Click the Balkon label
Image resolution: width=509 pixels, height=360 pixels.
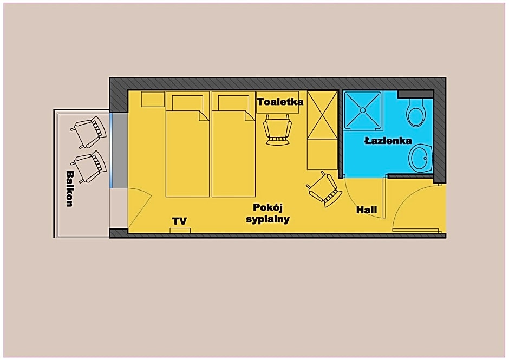[69, 188]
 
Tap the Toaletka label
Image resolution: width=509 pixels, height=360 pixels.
[280, 102]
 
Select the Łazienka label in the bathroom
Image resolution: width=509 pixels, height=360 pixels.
[388, 141]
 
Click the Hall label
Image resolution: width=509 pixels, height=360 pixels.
[367, 210]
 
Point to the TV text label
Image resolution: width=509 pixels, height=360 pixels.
[180, 221]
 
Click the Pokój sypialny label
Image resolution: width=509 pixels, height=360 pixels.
[267, 213]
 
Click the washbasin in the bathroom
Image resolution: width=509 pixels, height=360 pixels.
[421, 158]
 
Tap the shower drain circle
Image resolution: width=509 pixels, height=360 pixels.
[363, 110]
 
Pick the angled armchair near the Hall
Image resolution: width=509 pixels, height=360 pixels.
[324, 189]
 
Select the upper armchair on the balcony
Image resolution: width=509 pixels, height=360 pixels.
[89, 132]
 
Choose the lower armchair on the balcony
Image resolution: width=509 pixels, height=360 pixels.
[89, 167]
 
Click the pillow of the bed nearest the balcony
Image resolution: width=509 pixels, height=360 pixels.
[187, 103]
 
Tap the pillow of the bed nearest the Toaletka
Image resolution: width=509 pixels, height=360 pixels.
[234, 103]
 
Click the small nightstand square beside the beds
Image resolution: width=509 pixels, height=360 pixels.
[153, 99]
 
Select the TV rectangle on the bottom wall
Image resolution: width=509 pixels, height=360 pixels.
[180, 231]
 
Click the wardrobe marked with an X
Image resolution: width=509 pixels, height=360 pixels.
[323, 115]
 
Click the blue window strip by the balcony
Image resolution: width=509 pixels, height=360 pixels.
[111, 150]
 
